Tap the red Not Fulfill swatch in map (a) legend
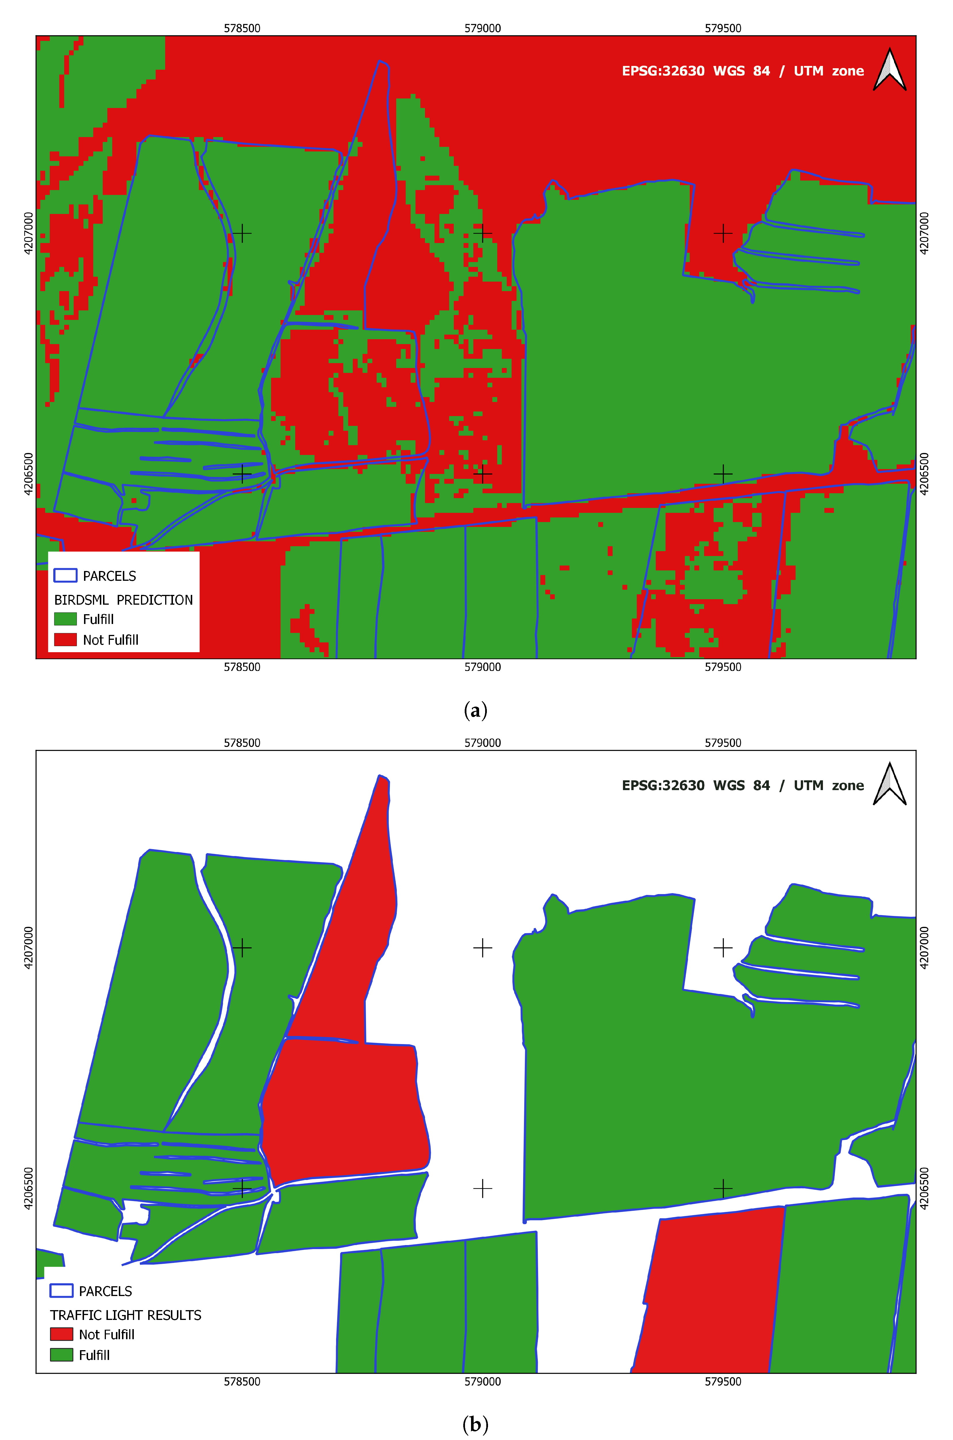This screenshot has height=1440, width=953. coord(65,640)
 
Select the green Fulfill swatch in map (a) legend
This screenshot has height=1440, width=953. coord(65,619)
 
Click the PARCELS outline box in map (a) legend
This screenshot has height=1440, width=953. coord(65,575)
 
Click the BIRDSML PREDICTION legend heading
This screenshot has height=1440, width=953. coord(123,600)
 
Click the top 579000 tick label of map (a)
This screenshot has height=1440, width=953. coord(483,28)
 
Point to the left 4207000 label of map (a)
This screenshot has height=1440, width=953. coord(28,233)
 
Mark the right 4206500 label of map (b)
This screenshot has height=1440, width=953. coord(925,1188)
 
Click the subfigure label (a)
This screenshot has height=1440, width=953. coord(475,710)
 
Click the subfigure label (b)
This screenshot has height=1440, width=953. coord(475,1424)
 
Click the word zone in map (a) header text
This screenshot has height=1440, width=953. coord(848,71)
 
